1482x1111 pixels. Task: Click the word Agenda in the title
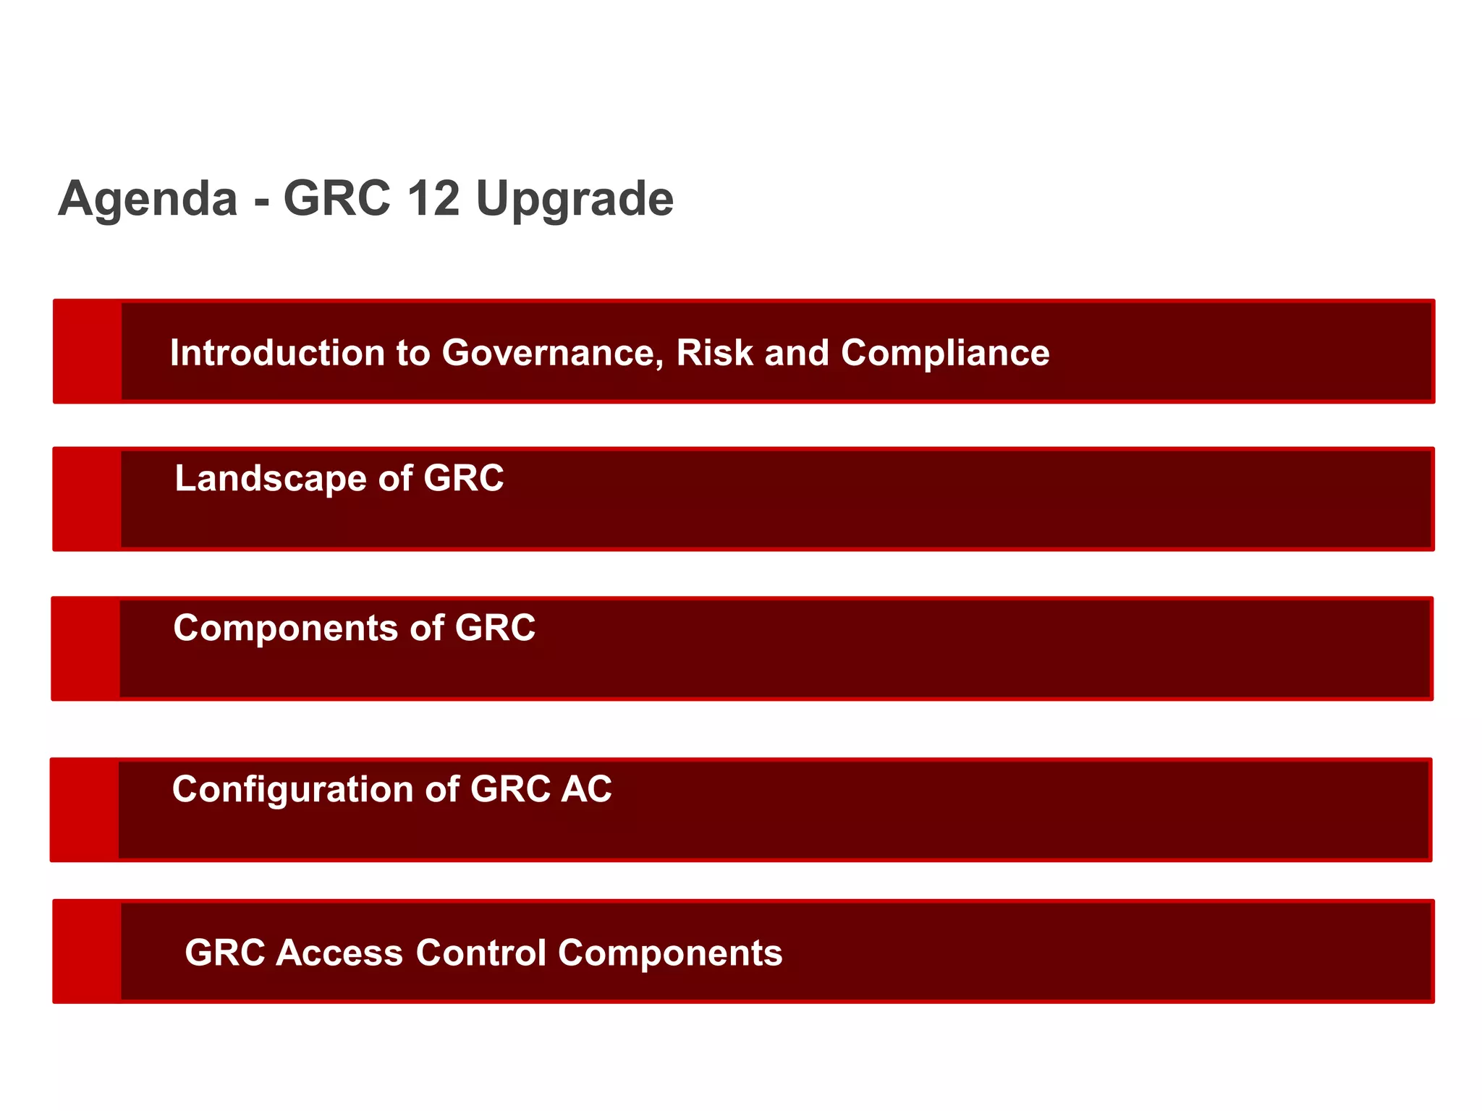pyautogui.click(x=148, y=200)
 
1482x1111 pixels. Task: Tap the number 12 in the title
pyautogui.click(x=433, y=198)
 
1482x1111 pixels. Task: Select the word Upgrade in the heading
pyautogui.click(x=575, y=200)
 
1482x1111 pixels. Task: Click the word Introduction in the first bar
pyautogui.click(x=278, y=353)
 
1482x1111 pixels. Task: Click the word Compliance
pyautogui.click(x=944, y=354)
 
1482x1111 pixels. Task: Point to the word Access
pyautogui.click(x=339, y=953)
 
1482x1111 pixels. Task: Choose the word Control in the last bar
pyautogui.click(x=480, y=953)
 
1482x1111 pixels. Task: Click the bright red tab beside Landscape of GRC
pyautogui.click(x=87, y=499)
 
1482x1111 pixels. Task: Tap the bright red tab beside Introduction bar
pyautogui.click(x=88, y=352)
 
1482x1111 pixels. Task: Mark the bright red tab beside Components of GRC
pyautogui.click(x=85, y=649)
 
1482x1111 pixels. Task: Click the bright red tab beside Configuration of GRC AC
pyautogui.click(x=85, y=810)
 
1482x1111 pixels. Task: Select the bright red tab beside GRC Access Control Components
pyautogui.click(x=87, y=951)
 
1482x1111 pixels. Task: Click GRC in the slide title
pyautogui.click(x=336, y=198)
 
